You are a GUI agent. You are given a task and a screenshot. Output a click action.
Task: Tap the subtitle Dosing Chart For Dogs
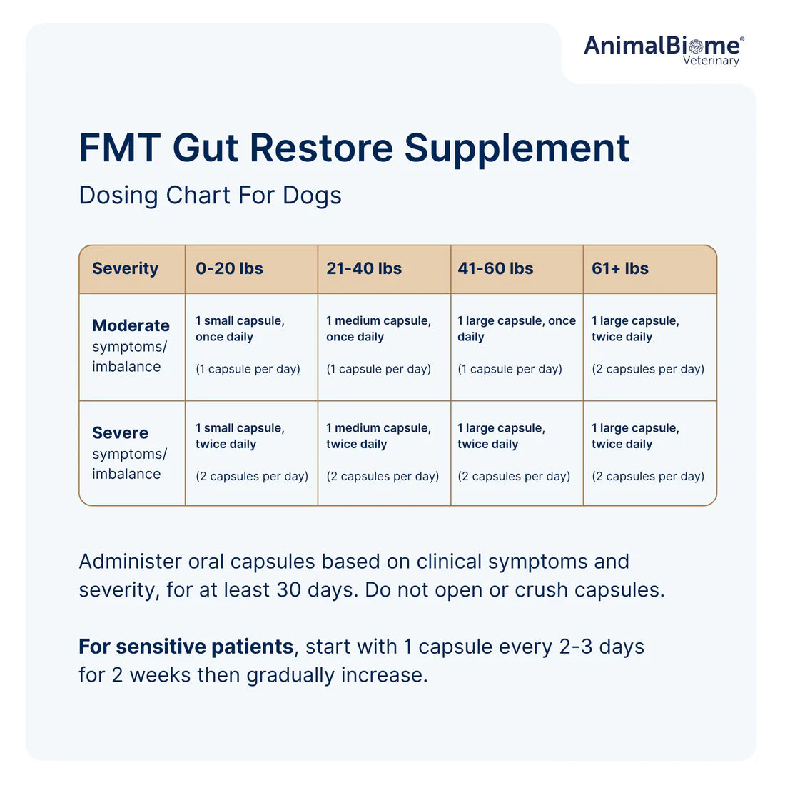coord(210,196)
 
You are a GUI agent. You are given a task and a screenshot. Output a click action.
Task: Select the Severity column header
coord(126,269)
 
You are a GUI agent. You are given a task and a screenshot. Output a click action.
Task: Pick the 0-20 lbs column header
coord(229,269)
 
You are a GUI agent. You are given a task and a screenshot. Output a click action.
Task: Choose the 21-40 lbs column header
coord(364,269)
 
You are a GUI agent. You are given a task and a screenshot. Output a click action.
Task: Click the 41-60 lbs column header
coord(495,269)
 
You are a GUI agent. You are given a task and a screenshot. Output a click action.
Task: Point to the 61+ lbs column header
coord(619,269)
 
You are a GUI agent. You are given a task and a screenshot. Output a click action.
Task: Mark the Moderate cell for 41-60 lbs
coord(516,345)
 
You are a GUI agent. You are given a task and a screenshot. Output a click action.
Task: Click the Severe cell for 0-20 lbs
coord(251,452)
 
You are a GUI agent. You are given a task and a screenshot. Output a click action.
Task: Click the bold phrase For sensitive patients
coord(186,647)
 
